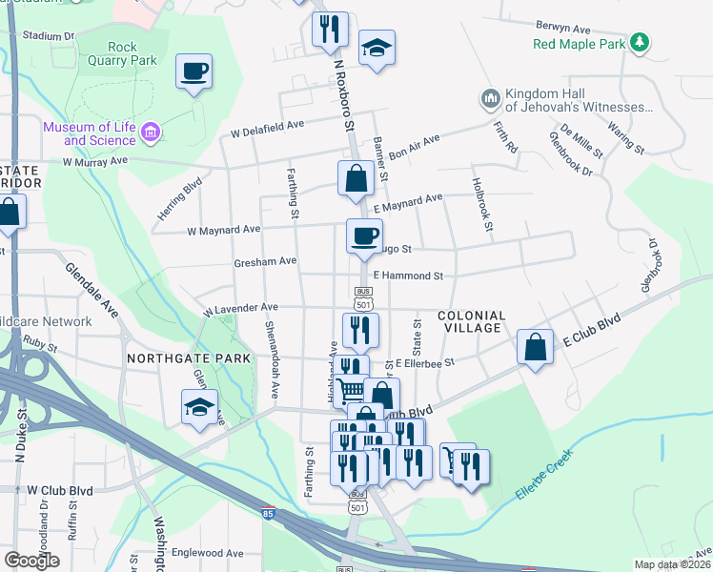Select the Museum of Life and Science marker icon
150,133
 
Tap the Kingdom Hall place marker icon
491,99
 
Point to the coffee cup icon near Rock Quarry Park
194,71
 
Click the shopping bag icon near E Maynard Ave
356,178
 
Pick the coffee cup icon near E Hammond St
363,236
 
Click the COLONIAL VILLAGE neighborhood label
470,321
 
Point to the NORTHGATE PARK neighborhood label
189,358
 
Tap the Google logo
32,560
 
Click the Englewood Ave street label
207,553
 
